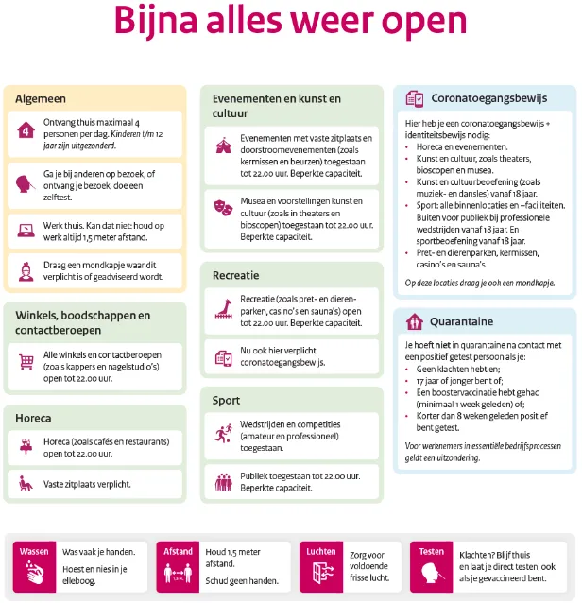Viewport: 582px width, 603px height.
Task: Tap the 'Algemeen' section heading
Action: (x=41, y=98)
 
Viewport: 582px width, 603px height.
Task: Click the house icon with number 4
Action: (x=26, y=130)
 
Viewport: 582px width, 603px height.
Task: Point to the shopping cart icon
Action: (x=26, y=361)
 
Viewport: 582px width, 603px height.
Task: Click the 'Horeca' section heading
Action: (x=33, y=417)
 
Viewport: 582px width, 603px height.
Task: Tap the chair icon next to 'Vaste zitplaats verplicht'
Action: (x=26, y=484)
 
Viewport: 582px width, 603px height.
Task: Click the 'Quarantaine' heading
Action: (x=461, y=320)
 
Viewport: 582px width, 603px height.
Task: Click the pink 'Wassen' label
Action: (x=34, y=551)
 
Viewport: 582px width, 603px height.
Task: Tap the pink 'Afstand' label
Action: (x=178, y=551)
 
